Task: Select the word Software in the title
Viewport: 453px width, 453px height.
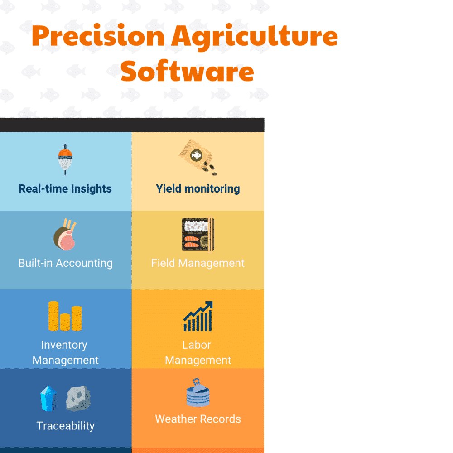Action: [x=187, y=71]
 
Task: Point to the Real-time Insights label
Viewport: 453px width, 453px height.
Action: [x=65, y=189]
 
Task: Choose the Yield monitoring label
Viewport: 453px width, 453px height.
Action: [x=198, y=189]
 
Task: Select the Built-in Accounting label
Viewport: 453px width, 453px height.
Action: [x=65, y=263]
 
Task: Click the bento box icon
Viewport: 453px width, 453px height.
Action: [x=198, y=235]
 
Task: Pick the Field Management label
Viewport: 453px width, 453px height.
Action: [x=198, y=263]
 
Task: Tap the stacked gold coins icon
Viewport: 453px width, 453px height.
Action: [x=65, y=316]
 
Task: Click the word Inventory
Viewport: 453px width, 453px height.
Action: [x=64, y=345]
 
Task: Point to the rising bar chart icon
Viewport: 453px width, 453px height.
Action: [x=198, y=317]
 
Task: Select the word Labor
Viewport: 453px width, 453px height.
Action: [x=197, y=345]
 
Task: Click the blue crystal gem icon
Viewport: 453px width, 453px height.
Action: [x=48, y=399]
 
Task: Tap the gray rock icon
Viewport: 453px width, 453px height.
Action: [x=78, y=399]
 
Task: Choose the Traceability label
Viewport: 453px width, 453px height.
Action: [x=66, y=426]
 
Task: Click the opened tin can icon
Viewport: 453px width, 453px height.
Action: [x=198, y=393]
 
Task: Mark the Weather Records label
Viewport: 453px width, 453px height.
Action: [x=198, y=419]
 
